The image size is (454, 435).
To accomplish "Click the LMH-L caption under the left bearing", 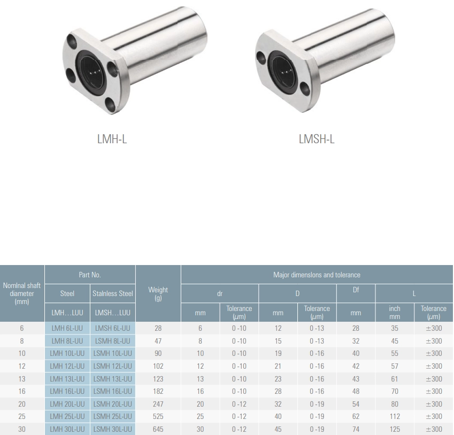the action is tap(112, 139).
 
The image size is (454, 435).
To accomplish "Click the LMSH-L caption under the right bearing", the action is tap(317, 139).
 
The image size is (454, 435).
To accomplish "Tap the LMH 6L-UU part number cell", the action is tap(67, 328).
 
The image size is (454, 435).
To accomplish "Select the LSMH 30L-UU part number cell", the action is tap(113, 429).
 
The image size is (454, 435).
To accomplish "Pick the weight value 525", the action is tap(158, 416).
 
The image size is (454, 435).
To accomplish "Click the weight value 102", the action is tap(158, 366).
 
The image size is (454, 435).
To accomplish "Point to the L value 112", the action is tap(395, 416).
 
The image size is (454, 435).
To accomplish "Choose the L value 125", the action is tap(395, 429).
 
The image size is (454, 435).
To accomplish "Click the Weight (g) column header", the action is tap(158, 293).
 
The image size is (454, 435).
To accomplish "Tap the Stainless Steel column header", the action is tap(113, 293).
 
